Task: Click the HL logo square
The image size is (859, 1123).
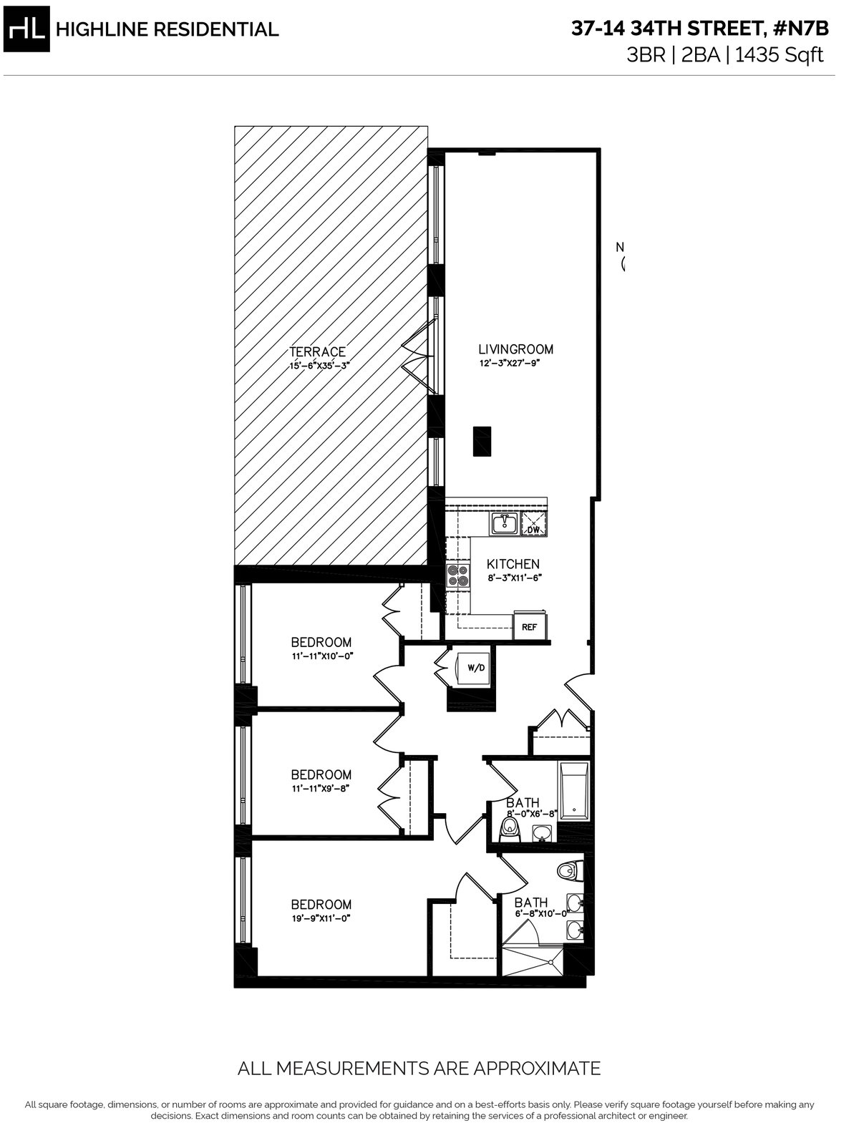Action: click(26, 29)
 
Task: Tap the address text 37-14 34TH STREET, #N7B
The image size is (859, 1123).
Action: click(700, 29)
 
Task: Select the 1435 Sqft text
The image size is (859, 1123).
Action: click(780, 55)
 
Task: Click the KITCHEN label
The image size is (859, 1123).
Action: click(513, 564)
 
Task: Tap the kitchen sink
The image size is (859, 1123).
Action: click(505, 523)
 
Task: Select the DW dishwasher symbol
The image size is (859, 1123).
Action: click(533, 524)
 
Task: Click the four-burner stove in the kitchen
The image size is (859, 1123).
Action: click(458, 575)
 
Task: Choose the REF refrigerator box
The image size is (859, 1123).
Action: click(530, 626)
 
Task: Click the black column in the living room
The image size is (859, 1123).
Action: click(482, 441)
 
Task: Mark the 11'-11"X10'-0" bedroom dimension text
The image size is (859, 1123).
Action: click(322, 656)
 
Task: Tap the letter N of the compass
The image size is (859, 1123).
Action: click(620, 248)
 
